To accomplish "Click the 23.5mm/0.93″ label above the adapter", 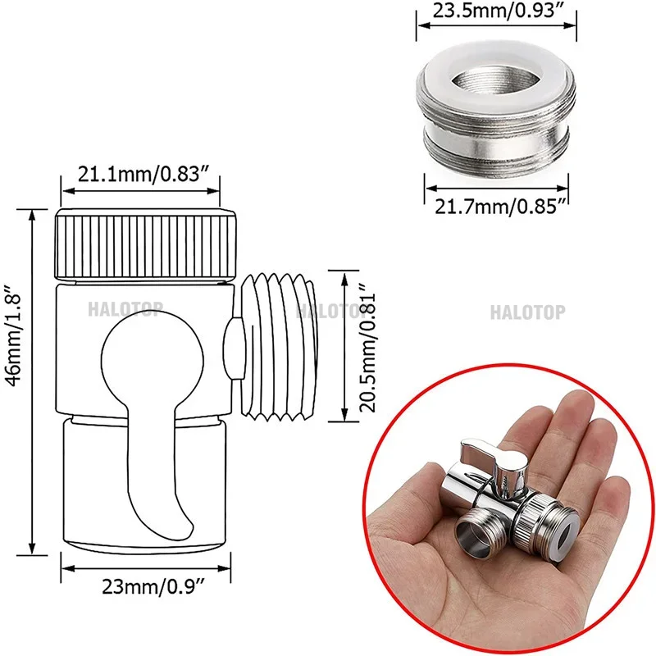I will click(497, 12).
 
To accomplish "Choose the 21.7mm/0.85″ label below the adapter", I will click(497, 204).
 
